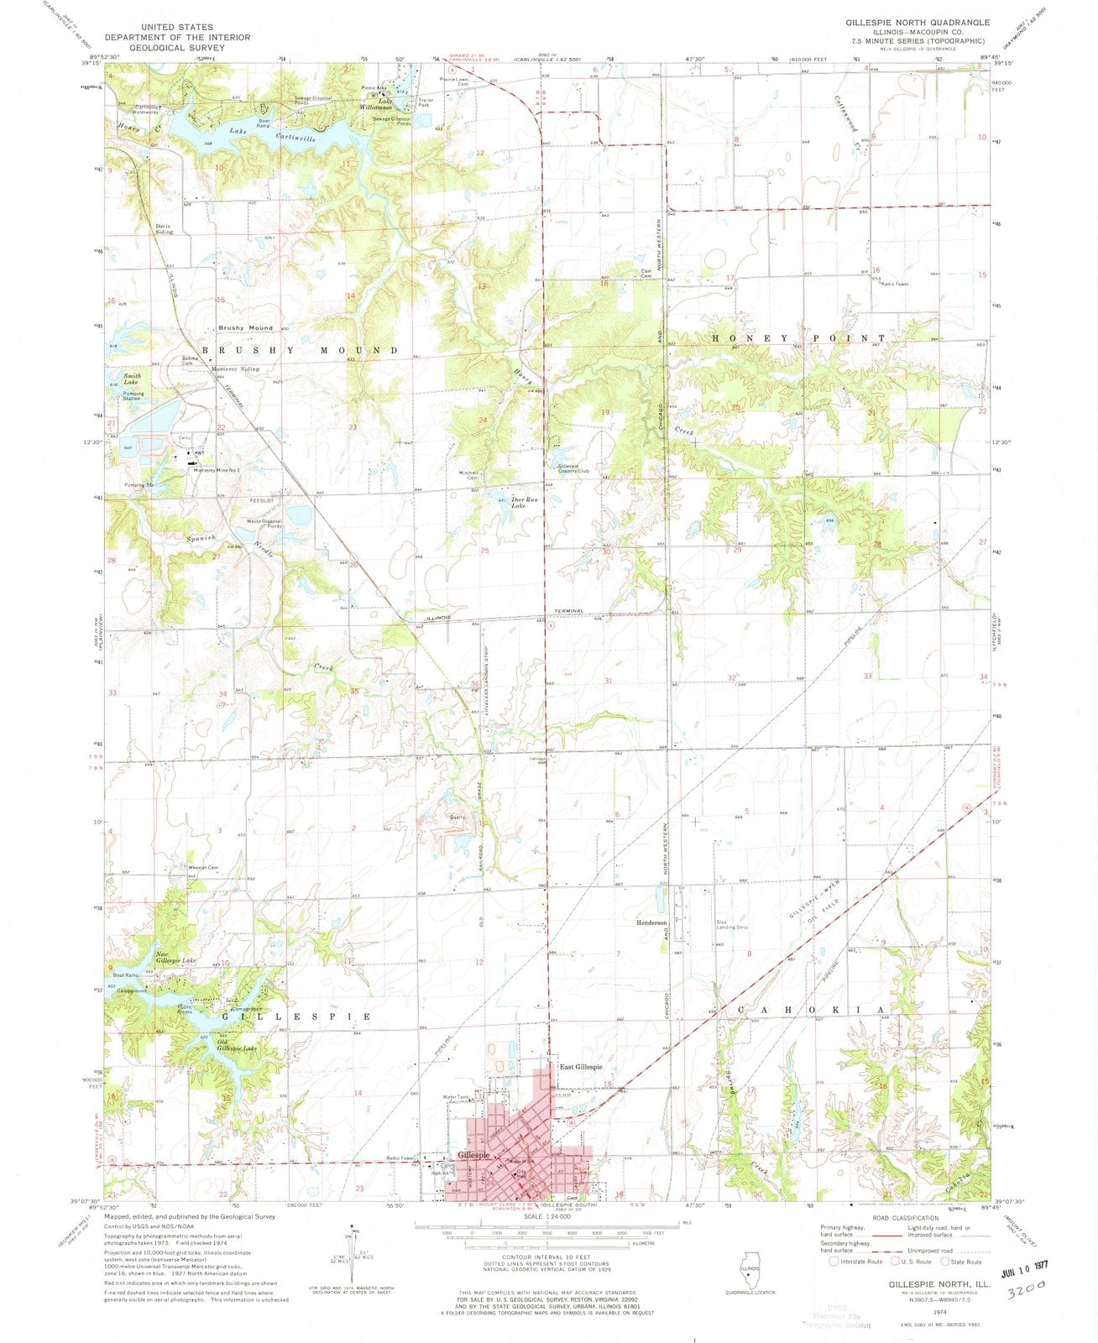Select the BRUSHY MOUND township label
click(299, 349)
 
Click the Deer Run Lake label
click(524, 502)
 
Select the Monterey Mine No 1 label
click(217, 470)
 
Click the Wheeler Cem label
click(203, 867)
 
